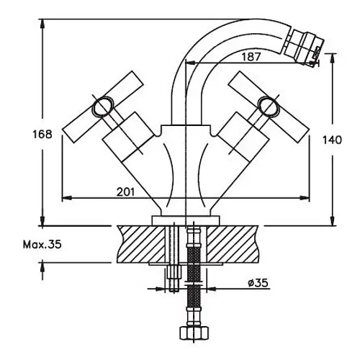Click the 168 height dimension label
point(42,134)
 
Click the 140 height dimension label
point(332,140)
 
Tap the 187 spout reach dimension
point(251,57)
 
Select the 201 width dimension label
point(126,192)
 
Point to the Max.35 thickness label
point(42,245)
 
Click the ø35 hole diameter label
point(258,283)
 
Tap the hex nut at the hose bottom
point(194,333)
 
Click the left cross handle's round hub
point(103,107)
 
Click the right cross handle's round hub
point(269,107)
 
